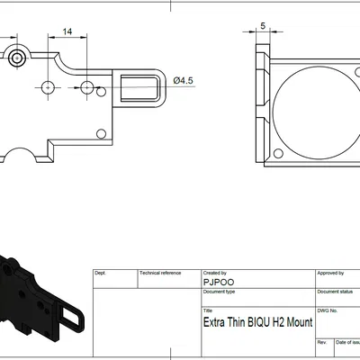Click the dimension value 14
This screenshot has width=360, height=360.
pos(67,31)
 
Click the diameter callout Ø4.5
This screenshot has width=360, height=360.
pos(184,81)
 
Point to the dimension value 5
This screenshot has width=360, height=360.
pos(263,26)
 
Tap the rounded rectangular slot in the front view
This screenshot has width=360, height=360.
pos(139,88)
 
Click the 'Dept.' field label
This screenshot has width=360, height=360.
pos(101,273)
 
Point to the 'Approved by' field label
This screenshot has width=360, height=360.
pos(330,273)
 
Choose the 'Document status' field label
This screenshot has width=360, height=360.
pos(334,292)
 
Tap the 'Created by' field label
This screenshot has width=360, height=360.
pos(215,273)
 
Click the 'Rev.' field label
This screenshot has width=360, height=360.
pos(321,343)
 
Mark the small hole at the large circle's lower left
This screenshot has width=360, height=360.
pos(277,154)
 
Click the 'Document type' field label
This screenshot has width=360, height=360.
pos(219,292)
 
